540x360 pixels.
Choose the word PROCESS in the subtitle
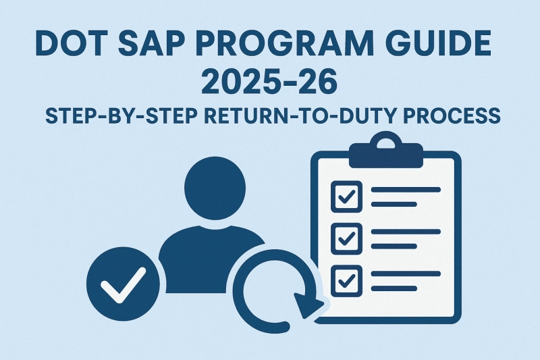(x=450, y=115)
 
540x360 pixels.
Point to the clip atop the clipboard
(x=385, y=152)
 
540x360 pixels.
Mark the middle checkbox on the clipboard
(x=347, y=237)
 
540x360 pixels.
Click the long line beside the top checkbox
(x=406, y=189)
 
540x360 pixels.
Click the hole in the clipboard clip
(x=385, y=145)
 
